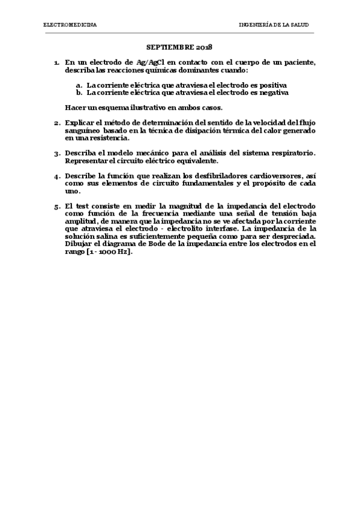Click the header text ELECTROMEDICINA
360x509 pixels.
[x=70, y=25]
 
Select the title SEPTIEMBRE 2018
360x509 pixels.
[x=180, y=46]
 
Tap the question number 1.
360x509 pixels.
[x=56, y=62]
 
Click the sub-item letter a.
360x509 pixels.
[x=79, y=85]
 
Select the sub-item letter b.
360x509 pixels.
[x=79, y=92]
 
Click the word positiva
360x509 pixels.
[x=271, y=85]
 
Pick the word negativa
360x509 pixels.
[x=273, y=92]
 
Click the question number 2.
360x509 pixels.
[x=56, y=124]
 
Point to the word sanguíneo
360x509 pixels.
[x=82, y=130]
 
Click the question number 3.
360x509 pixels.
[x=56, y=154]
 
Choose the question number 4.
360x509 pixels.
[x=56, y=176]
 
